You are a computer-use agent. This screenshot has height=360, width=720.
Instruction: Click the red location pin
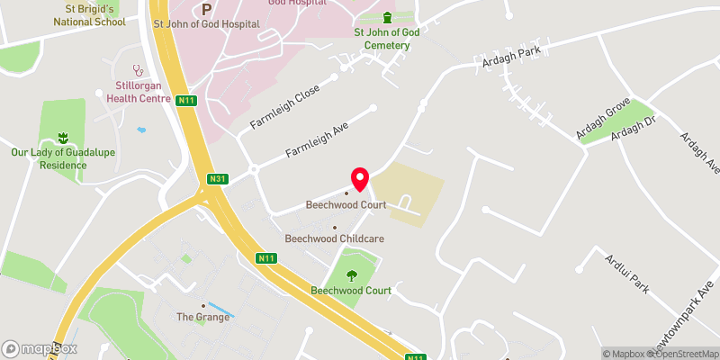point(360,179)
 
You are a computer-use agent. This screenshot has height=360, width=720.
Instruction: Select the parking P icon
point(206,9)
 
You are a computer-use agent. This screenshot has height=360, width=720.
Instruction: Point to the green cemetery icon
point(388,18)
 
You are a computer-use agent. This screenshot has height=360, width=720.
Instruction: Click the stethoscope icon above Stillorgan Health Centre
point(139,68)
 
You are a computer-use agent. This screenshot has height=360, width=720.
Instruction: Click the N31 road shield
point(216,178)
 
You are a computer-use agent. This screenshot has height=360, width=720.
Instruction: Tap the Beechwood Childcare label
point(334,238)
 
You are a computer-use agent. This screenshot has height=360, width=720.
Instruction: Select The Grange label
point(203,317)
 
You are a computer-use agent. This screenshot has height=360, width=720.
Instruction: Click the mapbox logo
point(40,348)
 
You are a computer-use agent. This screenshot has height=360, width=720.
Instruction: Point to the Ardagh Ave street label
point(699,153)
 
